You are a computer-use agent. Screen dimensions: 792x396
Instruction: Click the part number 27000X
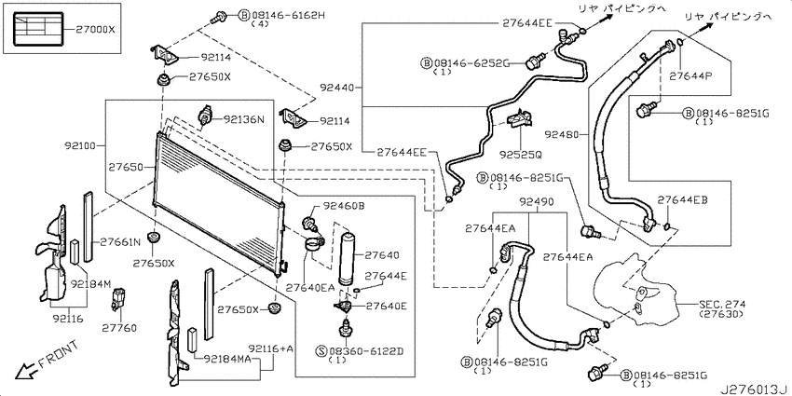96,30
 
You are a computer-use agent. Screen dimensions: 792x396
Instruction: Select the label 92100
81,146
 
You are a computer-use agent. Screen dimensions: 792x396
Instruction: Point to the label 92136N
244,119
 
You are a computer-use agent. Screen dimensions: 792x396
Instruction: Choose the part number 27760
119,328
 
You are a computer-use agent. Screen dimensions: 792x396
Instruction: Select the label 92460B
344,206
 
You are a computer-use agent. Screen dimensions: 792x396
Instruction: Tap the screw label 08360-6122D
367,351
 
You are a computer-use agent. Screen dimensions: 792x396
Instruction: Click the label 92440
336,88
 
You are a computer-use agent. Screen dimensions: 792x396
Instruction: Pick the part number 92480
562,134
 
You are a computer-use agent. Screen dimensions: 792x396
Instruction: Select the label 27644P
690,76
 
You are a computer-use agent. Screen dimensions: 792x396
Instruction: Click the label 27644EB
682,200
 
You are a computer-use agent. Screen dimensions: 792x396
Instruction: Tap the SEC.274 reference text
722,305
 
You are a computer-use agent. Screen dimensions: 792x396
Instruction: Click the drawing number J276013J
755,389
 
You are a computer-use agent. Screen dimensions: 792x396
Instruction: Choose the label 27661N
119,241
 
